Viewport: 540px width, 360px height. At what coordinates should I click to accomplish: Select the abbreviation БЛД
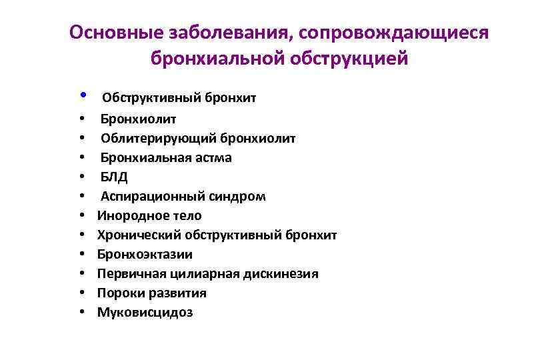(x=113, y=177)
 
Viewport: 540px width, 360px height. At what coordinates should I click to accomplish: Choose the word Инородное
(x=129, y=215)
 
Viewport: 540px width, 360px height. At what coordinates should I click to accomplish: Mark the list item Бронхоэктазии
(x=145, y=254)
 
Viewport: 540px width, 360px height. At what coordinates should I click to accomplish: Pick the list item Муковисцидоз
(x=145, y=312)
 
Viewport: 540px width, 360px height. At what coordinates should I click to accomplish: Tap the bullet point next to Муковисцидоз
(x=81, y=312)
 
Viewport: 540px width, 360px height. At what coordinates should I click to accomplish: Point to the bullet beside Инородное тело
(x=81, y=215)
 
